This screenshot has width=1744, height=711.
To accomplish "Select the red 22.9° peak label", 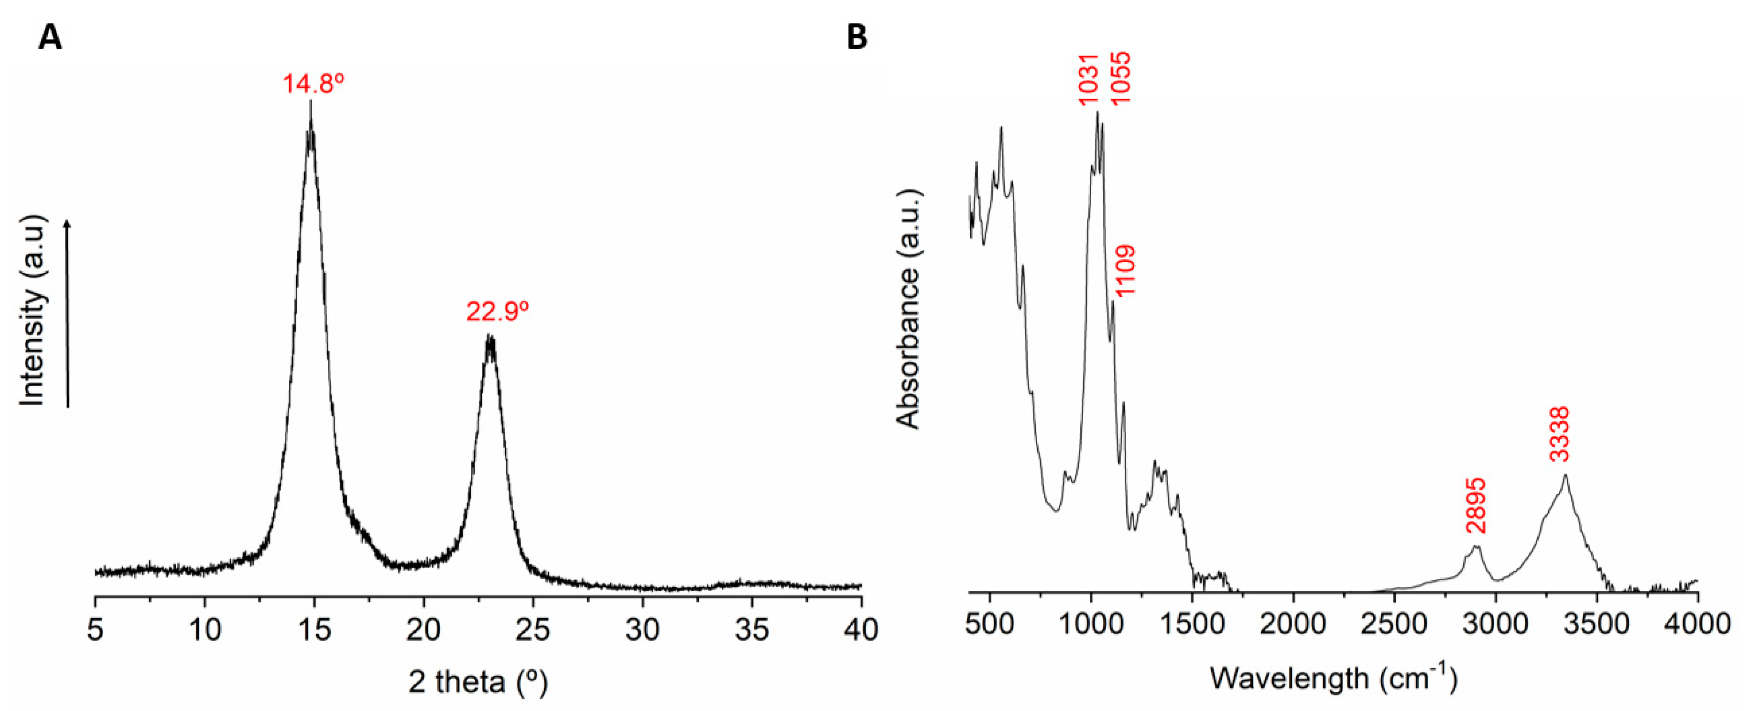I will click(x=497, y=312).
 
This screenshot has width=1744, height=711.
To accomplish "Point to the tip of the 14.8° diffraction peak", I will click(x=311, y=102).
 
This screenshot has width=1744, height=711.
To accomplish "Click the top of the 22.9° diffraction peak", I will click(x=490, y=337).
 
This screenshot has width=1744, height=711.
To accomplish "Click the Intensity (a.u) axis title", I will click(x=32, y=312).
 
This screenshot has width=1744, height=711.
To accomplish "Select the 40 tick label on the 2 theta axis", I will click(x=861, y=630).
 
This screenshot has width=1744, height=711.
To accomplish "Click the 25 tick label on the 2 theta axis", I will click(x=533, y=630).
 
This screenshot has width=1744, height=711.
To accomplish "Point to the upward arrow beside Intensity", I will click(x=67, y=312).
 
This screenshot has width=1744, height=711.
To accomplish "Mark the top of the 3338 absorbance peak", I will click(x=1565, y=475).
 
